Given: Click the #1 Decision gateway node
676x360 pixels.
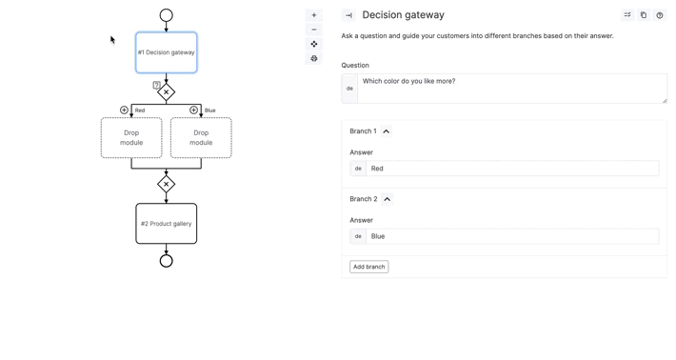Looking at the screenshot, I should tap(167, 52).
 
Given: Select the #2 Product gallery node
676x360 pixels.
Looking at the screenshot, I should tap(167, 224).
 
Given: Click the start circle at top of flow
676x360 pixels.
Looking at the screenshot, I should tap(167, 15).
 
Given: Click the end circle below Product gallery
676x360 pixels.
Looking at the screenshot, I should tap(167, 261).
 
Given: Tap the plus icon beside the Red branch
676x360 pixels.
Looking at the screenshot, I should tap(124, 110).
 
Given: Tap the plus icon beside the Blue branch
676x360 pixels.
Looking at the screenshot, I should tap(194, 110).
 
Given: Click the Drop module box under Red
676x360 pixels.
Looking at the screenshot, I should tap(131, 138).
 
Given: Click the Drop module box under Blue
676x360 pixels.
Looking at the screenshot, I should tap(201, 138).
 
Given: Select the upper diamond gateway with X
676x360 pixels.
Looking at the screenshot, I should tap(167, 92).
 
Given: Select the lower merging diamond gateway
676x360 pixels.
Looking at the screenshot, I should tap(167, 184).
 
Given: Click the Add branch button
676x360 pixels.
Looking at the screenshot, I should tap(368, 267).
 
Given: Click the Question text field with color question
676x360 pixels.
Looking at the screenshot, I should tap(511, 88).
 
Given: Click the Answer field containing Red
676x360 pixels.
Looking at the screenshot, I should tap(511, 169).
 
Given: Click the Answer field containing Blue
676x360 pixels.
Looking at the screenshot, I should tap(511, 236).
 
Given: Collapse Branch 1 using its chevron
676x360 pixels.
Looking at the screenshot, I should tap(387, 131).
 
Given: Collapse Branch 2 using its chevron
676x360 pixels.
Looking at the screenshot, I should tap(388, 199).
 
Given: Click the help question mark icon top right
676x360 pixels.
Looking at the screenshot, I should tap(660, 15).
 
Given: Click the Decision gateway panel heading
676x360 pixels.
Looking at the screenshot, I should tap(403, 15).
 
